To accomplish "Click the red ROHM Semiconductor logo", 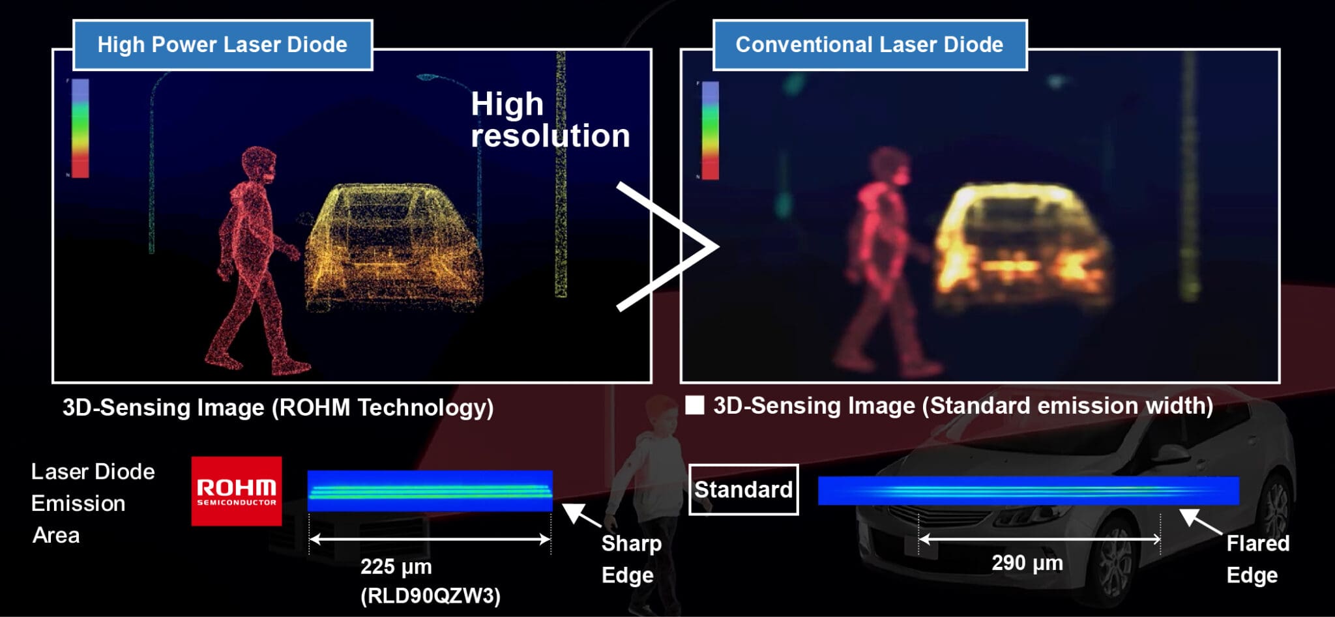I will pos(236,491).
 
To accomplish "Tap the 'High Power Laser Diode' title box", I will pos(222,44).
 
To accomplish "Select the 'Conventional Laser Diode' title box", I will pos(870,44).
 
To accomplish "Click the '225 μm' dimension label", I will pos(396,566).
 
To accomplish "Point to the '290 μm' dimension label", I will pos(1027,562).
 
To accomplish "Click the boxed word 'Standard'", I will pos(743,489).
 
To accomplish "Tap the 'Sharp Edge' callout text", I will pos(630,559).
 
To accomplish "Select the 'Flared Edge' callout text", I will pos(1257,559).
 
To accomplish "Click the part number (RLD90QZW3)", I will pos(430,595).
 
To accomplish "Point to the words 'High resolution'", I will pos(550,120).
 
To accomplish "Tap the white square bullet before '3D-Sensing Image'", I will pos(695,405).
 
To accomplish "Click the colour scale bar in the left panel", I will pos(80,128).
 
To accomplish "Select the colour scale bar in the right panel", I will pos(710,130).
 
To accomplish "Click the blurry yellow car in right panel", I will pos(1020,244).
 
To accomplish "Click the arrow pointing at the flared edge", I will pos(1199,521).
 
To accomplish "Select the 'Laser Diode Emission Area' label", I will pos(93,503).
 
